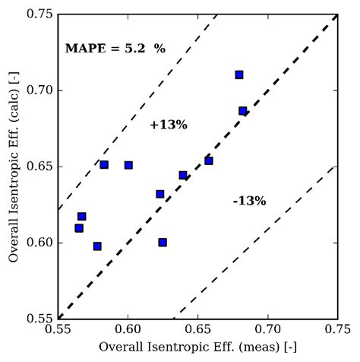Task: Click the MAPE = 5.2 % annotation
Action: pos(115,49)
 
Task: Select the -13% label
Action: pos(249,201)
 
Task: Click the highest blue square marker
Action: pos(239,75)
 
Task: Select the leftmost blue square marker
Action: pos(79,228)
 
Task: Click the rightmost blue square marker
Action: pos(243,111)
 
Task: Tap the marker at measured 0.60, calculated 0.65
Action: pos(128,165)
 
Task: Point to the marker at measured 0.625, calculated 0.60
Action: pos(163,243)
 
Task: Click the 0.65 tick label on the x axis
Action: pos(197,330)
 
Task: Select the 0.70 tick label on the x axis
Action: pos(267,330)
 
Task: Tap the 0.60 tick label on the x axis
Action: pos(128,330)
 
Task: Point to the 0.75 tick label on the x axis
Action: pos(336,330)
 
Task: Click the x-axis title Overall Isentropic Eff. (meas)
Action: pos(197,348)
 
